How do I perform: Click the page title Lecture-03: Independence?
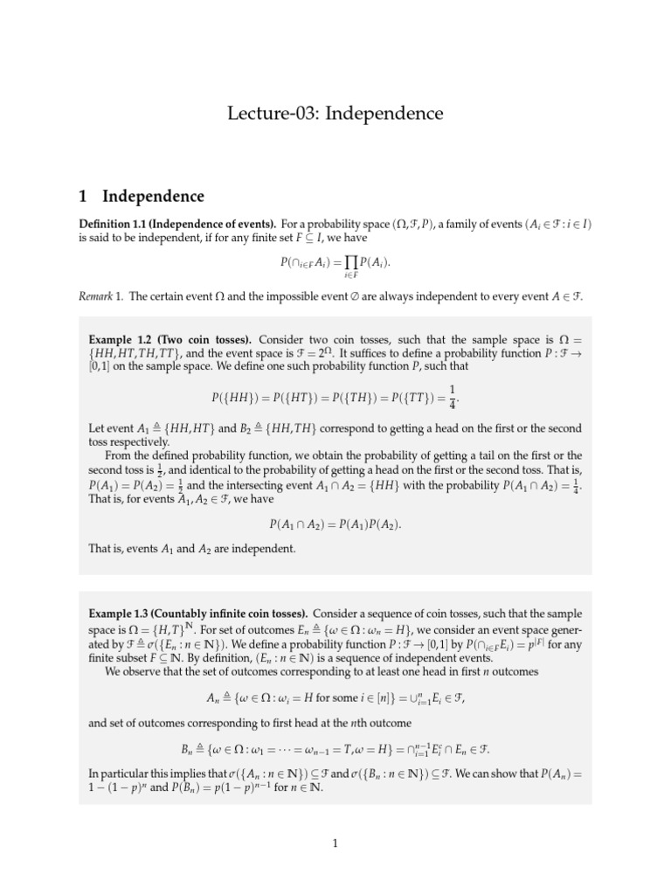click(x=335, y=114)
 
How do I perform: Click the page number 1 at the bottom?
click(x=335, y=843)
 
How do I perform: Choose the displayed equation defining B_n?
click(x=335, y=748)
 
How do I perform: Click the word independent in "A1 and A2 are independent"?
click(x=262, y=549)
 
